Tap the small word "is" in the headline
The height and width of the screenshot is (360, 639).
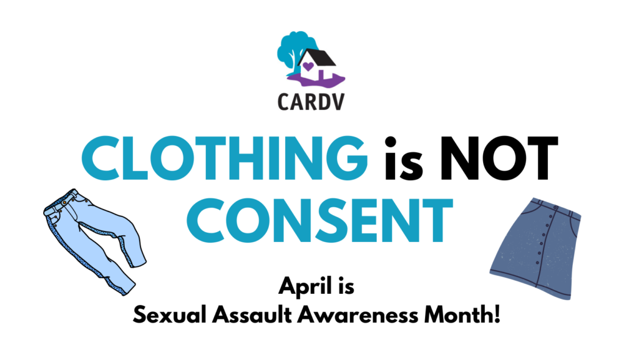[404, 158]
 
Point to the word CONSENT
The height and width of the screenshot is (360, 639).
[320, 221]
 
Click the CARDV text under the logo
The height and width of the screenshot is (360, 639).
[311, 102]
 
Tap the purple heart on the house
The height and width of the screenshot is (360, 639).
[308, 66]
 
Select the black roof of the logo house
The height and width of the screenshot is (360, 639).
[317, 57]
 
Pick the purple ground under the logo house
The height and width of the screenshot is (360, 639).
[316, 80]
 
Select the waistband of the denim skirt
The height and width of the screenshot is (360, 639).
[557, 207]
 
